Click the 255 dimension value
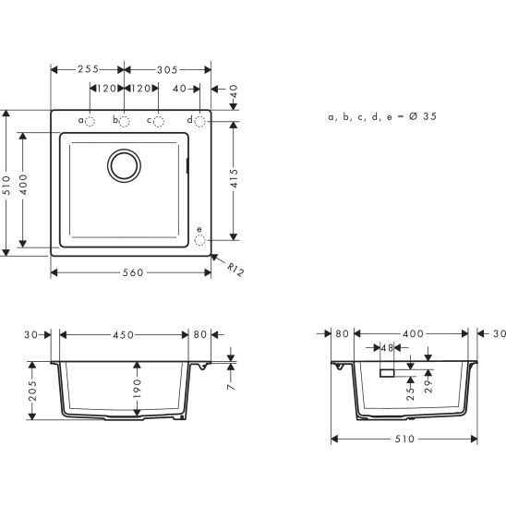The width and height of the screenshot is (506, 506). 88,69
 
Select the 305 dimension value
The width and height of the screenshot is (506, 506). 167,69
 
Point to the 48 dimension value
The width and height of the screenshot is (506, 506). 387,348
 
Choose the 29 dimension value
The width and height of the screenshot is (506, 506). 428,381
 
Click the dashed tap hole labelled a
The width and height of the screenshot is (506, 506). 90,121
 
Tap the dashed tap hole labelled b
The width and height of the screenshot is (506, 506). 125,121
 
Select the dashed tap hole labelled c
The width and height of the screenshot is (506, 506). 159,121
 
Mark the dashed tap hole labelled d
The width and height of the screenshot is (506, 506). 200,121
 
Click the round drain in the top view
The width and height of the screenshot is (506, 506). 125,165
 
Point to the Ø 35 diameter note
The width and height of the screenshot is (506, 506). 421,117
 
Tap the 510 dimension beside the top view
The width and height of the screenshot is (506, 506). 7,181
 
